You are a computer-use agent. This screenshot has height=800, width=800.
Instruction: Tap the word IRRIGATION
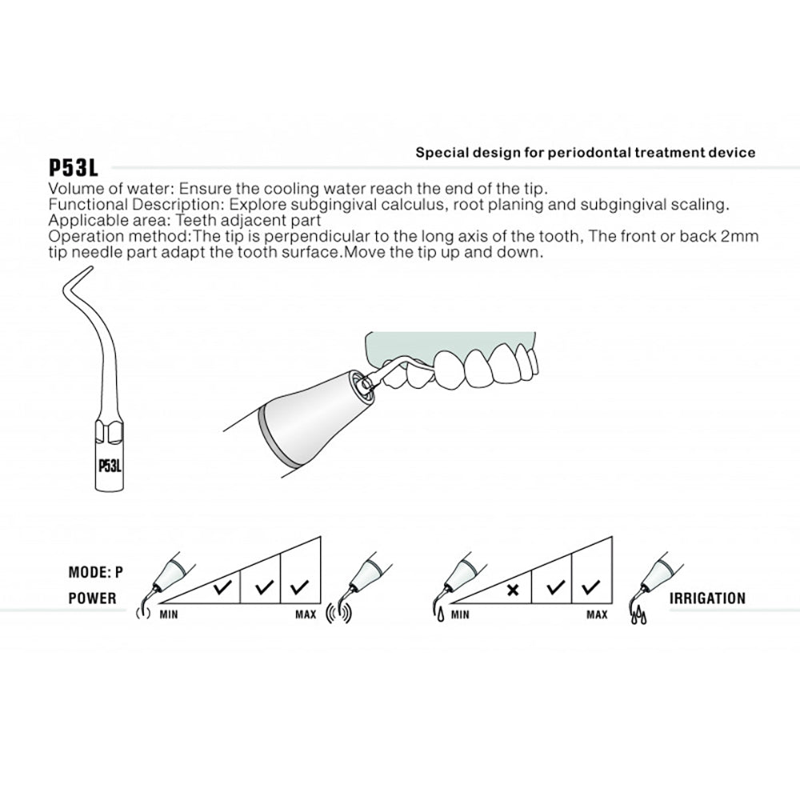[x=708, y=598]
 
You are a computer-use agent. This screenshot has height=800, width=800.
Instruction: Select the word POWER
[x=92, y=598]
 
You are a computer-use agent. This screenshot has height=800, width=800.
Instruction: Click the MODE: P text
[x=96, y=572]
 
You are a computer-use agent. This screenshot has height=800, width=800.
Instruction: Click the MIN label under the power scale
[x=168, y=615]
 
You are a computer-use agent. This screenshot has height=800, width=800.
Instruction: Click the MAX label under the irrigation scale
[x=597, y=615]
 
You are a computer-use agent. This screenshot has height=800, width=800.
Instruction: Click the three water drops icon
[x=638, y=617]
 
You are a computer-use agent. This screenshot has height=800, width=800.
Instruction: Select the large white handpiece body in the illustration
[x=312, y=416]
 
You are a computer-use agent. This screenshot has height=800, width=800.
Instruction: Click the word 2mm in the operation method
[x=742, y=236]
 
